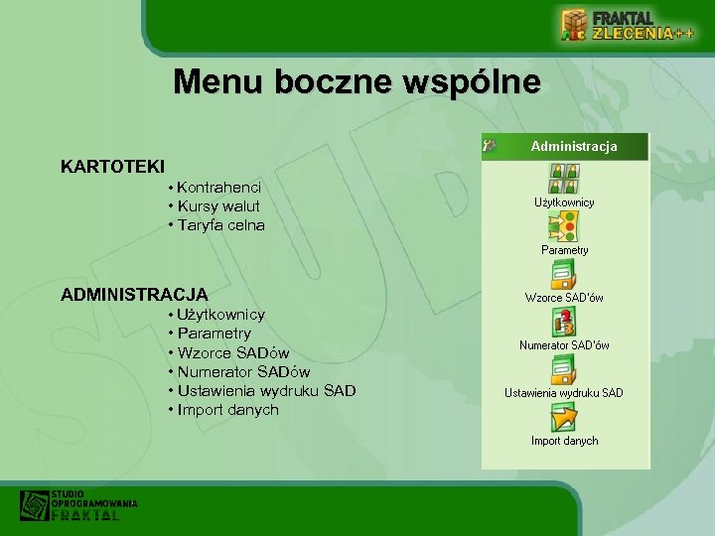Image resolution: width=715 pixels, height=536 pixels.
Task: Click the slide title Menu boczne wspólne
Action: [357, 81]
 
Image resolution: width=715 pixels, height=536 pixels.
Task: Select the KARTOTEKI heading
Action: [112, 166]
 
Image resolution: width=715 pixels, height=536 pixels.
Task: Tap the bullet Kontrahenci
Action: [218, 187]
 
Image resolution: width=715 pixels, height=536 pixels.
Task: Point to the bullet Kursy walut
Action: [217, 205]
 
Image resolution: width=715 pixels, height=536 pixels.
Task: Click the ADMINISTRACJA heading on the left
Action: [134, 295]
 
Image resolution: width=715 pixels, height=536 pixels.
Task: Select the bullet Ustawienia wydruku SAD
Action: [265, 390]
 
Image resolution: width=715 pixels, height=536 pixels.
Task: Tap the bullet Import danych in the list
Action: [226, 410]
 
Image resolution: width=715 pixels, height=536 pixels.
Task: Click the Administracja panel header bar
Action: [565, 146]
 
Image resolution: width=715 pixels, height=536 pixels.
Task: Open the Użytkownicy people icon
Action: [564, 179]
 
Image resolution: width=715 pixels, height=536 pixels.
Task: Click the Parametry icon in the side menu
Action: [564, 226]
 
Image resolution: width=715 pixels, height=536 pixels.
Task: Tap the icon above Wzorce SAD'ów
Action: [564, 274]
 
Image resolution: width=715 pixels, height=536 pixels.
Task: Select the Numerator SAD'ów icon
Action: [564, 322]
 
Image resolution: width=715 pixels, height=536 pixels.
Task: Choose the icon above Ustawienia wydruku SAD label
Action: [564, 369]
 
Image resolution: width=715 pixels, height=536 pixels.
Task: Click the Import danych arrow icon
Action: [564, 417]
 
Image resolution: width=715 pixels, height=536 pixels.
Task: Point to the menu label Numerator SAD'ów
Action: [564, 345]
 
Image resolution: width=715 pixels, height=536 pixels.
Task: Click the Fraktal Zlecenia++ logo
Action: [626, 25]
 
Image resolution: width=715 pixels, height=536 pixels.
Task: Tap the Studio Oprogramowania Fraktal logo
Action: [78, 504]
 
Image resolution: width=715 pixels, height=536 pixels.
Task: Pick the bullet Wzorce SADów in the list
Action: [232, 352]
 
